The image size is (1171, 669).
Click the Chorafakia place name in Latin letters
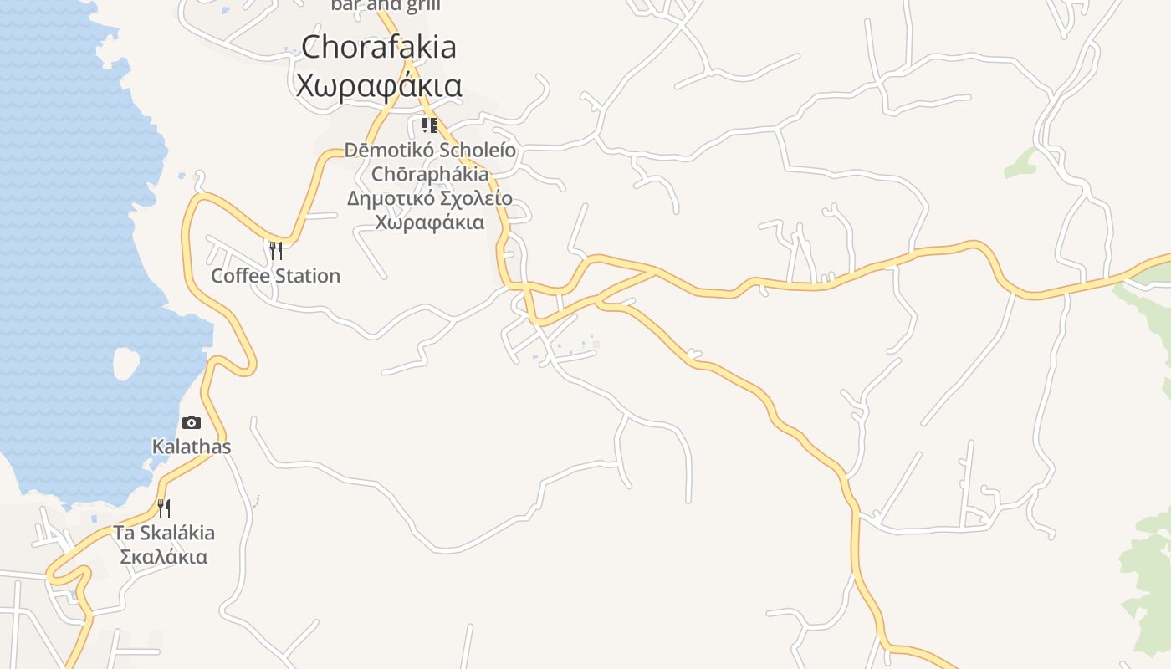(379, 47)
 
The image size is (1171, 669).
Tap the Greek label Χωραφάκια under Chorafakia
(379, 85)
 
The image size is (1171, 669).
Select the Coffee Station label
(275, 276)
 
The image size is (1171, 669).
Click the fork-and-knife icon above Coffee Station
(275, 251)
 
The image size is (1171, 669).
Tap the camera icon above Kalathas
(192, 423)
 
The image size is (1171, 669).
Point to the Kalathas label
(192, 447)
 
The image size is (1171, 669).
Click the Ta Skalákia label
(164, 533)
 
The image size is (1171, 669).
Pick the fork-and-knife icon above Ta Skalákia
(164, 508)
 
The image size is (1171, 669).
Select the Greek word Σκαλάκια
(164, 557)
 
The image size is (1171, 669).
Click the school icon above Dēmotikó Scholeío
(429, 126)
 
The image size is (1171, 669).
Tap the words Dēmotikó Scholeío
(430, 151)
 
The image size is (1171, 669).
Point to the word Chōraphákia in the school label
(430, 175)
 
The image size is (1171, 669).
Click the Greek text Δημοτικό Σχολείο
(430, 199)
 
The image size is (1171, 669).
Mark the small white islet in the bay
(125, 364)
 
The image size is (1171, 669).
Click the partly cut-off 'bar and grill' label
(386, 5)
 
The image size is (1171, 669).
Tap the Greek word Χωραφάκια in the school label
(430, 223)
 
